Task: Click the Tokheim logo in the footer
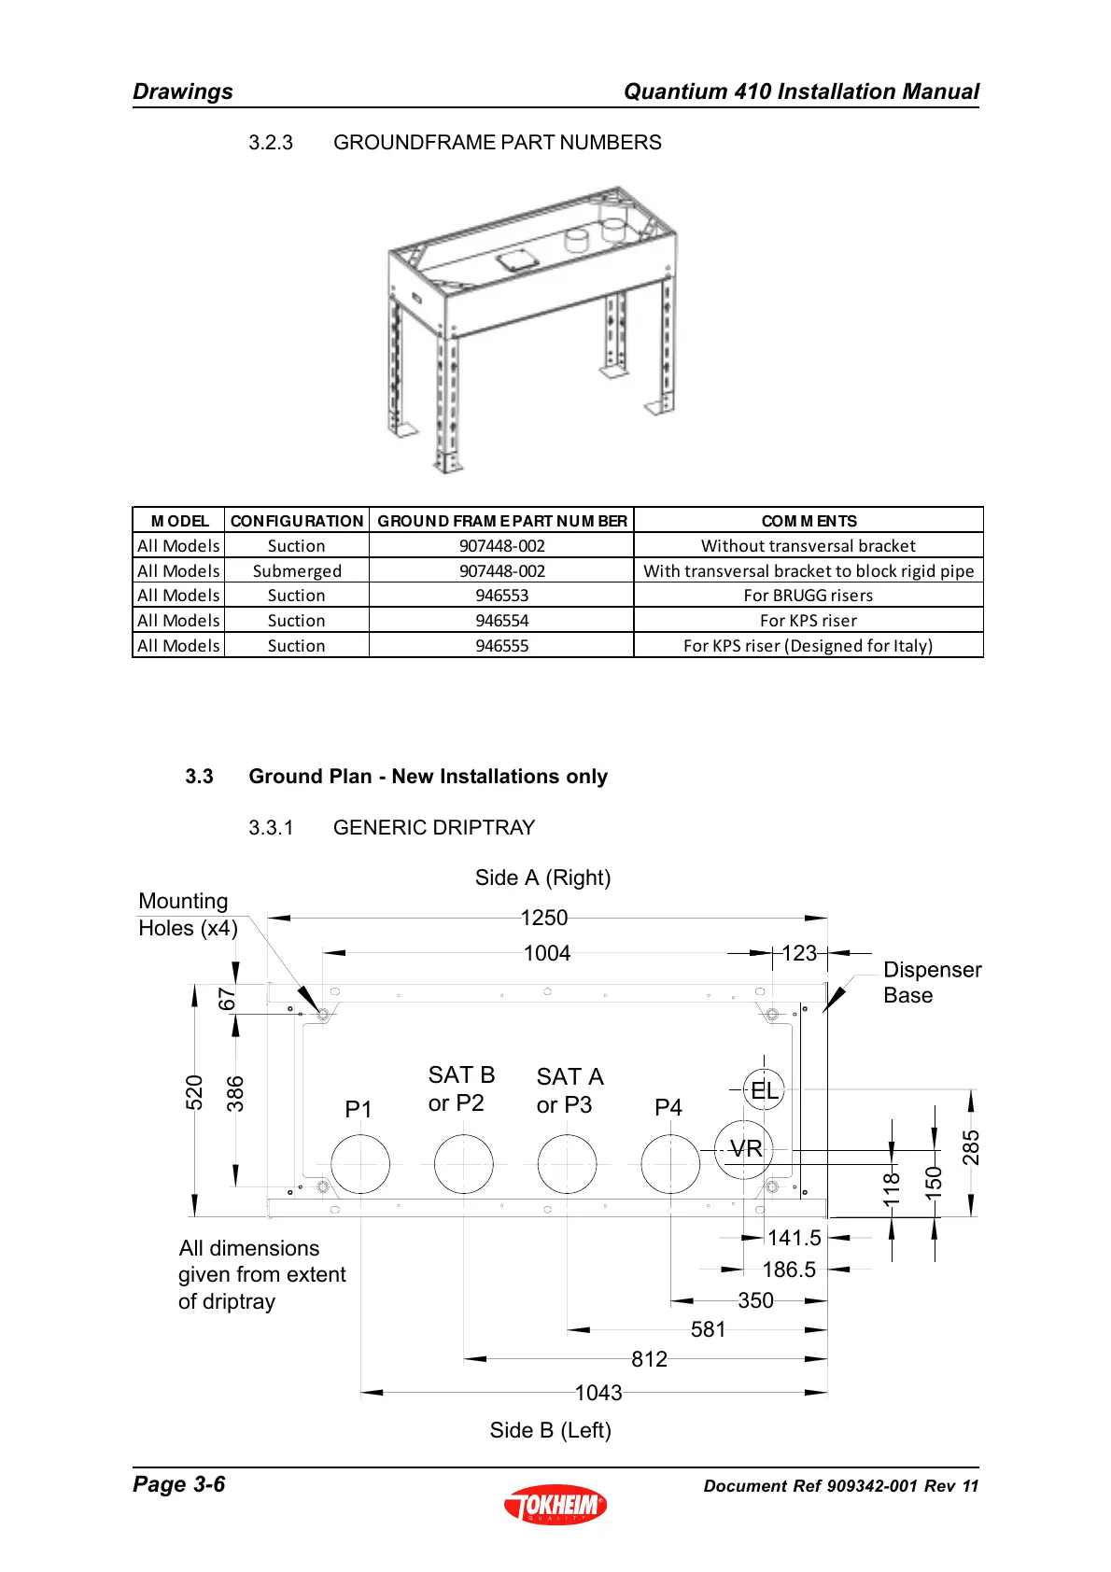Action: click(555, 1504)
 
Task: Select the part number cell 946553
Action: click(501, 596)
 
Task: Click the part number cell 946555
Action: click(501, 646)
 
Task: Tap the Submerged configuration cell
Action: click(297, 571)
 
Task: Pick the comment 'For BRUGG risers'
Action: click(808, 596)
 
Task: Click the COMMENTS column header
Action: click(809, 521)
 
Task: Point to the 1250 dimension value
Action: click(544, 918)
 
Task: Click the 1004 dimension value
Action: click(546, 953)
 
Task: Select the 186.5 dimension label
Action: click(789, 1270)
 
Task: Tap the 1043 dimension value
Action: click(598, 1393)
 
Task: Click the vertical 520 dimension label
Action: click(194, 1092)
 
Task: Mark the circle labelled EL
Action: click(764, 1089)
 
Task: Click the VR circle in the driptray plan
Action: click(744, 1149)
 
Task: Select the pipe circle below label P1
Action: click(360, 1164)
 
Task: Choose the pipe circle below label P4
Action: click(670, 1164)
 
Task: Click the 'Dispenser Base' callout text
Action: click(932, 983)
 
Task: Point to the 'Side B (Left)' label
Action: click(550, 1430)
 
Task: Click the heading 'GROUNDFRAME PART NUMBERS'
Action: click(497, 143)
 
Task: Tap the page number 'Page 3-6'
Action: click(179, 1484)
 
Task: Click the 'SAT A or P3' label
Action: click(570, 1090)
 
